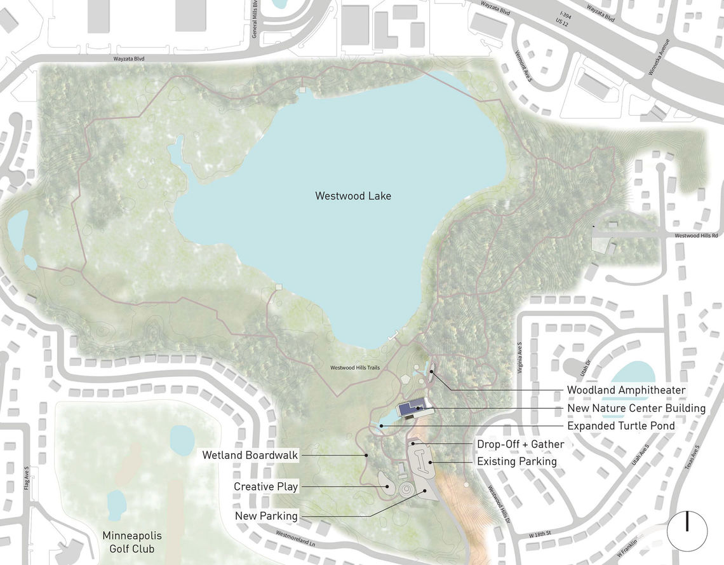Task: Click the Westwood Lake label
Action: pyautogui.click(x=353, y=196)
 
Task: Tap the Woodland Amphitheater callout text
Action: pyautogui.click(x=626, y=390)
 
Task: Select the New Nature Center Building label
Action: pyautogui.click(x=636, y=408)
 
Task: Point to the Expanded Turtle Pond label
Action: pyautogui.click(x=620, y=426)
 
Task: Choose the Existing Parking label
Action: pyautogui.click(x=516, y=461)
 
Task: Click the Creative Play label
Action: pyautogui.click(x=265, y=487)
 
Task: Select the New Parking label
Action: pyautogui.click(x=266, y=516)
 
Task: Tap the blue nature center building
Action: pyautogui.click(x=412, y=409)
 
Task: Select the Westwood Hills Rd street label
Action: pyautogui.click(x=696, y=236)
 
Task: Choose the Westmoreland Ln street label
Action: pyautogui.click(x=297, y=542)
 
